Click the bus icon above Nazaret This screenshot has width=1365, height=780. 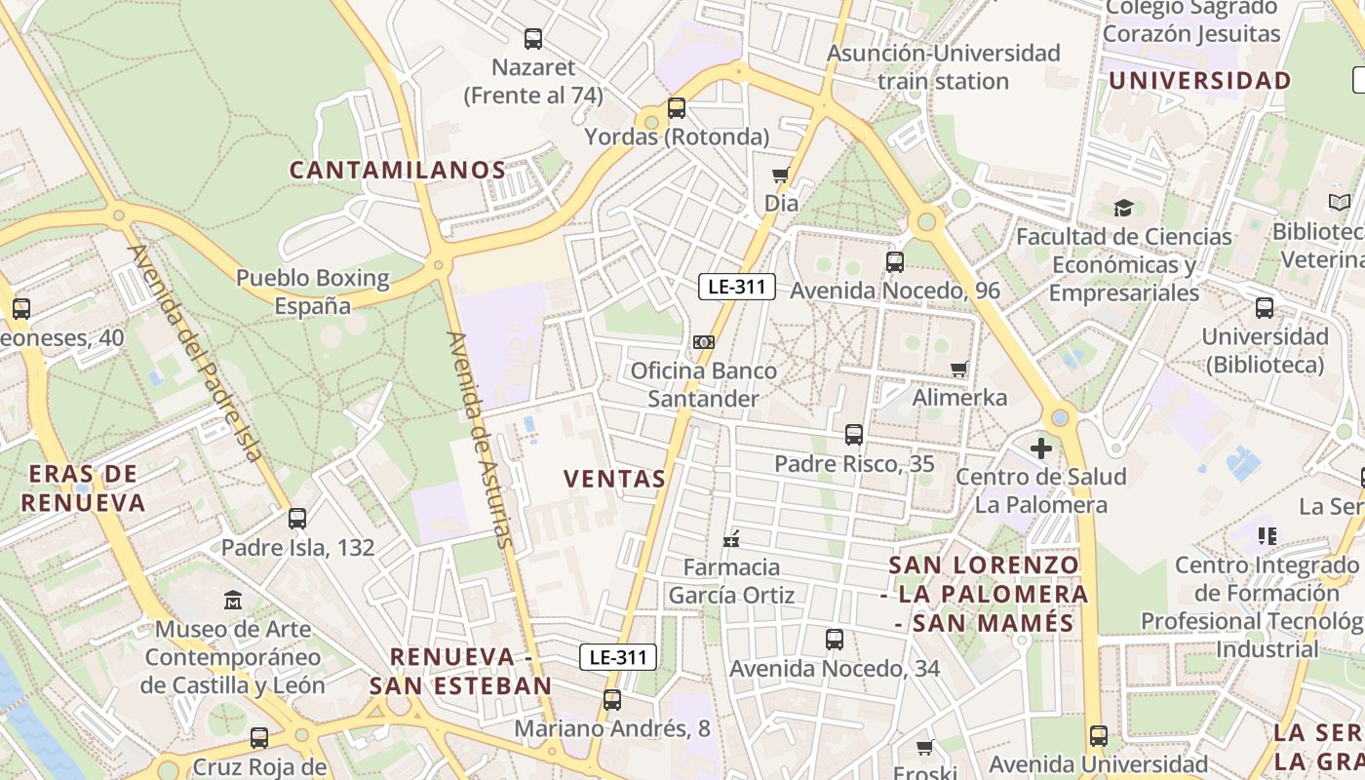click(533, 39)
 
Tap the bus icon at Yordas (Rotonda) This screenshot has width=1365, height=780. click(677, 108)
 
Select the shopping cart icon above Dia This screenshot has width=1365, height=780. click(780, 175)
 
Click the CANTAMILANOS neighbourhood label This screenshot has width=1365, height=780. click(398, 170)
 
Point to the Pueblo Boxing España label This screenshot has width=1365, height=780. click(312, 292)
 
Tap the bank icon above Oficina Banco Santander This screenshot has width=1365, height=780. click(704, 342)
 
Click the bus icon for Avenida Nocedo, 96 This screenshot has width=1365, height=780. click(894, 261)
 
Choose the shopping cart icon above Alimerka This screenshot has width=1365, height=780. click(958, 369)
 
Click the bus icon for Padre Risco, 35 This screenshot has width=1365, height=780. click(854, 434)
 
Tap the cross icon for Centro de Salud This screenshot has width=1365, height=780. click(1041, 448)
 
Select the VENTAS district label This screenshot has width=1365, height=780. click(615, 479)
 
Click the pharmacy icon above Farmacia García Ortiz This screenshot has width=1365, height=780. click(731, 539)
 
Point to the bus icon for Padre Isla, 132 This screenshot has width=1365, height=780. click(297, 519)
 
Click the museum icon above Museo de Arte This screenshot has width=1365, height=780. click(232, 599)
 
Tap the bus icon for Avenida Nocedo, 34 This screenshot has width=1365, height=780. click(835, 640)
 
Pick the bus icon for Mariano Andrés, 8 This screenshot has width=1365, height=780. click(612, 699)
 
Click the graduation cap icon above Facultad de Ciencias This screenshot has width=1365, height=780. click(1123, 208)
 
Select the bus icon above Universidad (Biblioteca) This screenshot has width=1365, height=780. click(1265, 308)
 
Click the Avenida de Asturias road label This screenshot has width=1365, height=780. click(479, 439)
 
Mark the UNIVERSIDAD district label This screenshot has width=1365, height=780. click(1199, 81)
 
